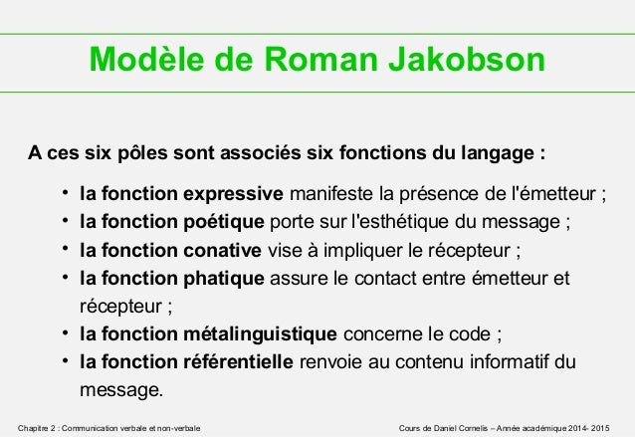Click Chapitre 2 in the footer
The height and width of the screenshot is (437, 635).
point(40,427)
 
